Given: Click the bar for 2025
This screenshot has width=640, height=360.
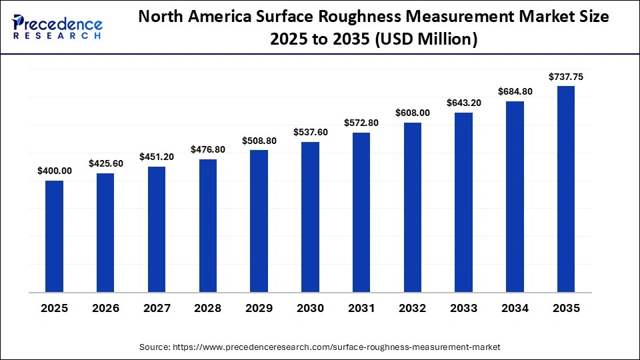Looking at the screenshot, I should (54, 236).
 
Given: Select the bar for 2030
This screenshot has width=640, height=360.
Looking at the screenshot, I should (310, 217).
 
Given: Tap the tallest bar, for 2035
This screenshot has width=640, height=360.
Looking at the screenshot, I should (566, 189).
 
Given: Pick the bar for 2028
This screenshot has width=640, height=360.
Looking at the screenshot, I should (207, 225).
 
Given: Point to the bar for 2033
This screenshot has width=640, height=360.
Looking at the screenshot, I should (463, 202).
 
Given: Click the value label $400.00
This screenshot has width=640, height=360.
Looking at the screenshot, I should (54, 171).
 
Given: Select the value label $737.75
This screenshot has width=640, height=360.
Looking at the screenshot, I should (566, 77).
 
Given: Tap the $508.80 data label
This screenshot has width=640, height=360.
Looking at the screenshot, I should (259, 141).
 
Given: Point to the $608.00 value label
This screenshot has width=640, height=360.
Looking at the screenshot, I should (413, 113).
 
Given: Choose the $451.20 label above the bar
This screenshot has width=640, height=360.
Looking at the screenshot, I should (157, 157).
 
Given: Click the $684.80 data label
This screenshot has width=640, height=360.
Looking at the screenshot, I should (515, 91).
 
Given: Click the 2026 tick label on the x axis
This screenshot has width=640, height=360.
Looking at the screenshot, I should (105, 309).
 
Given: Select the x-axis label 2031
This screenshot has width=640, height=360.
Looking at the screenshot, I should (361, 309).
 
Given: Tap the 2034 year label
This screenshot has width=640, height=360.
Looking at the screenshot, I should (515, 309).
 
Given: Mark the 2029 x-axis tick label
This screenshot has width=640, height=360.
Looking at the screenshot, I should (259, 309).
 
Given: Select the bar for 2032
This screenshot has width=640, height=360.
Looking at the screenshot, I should (413, 207).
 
